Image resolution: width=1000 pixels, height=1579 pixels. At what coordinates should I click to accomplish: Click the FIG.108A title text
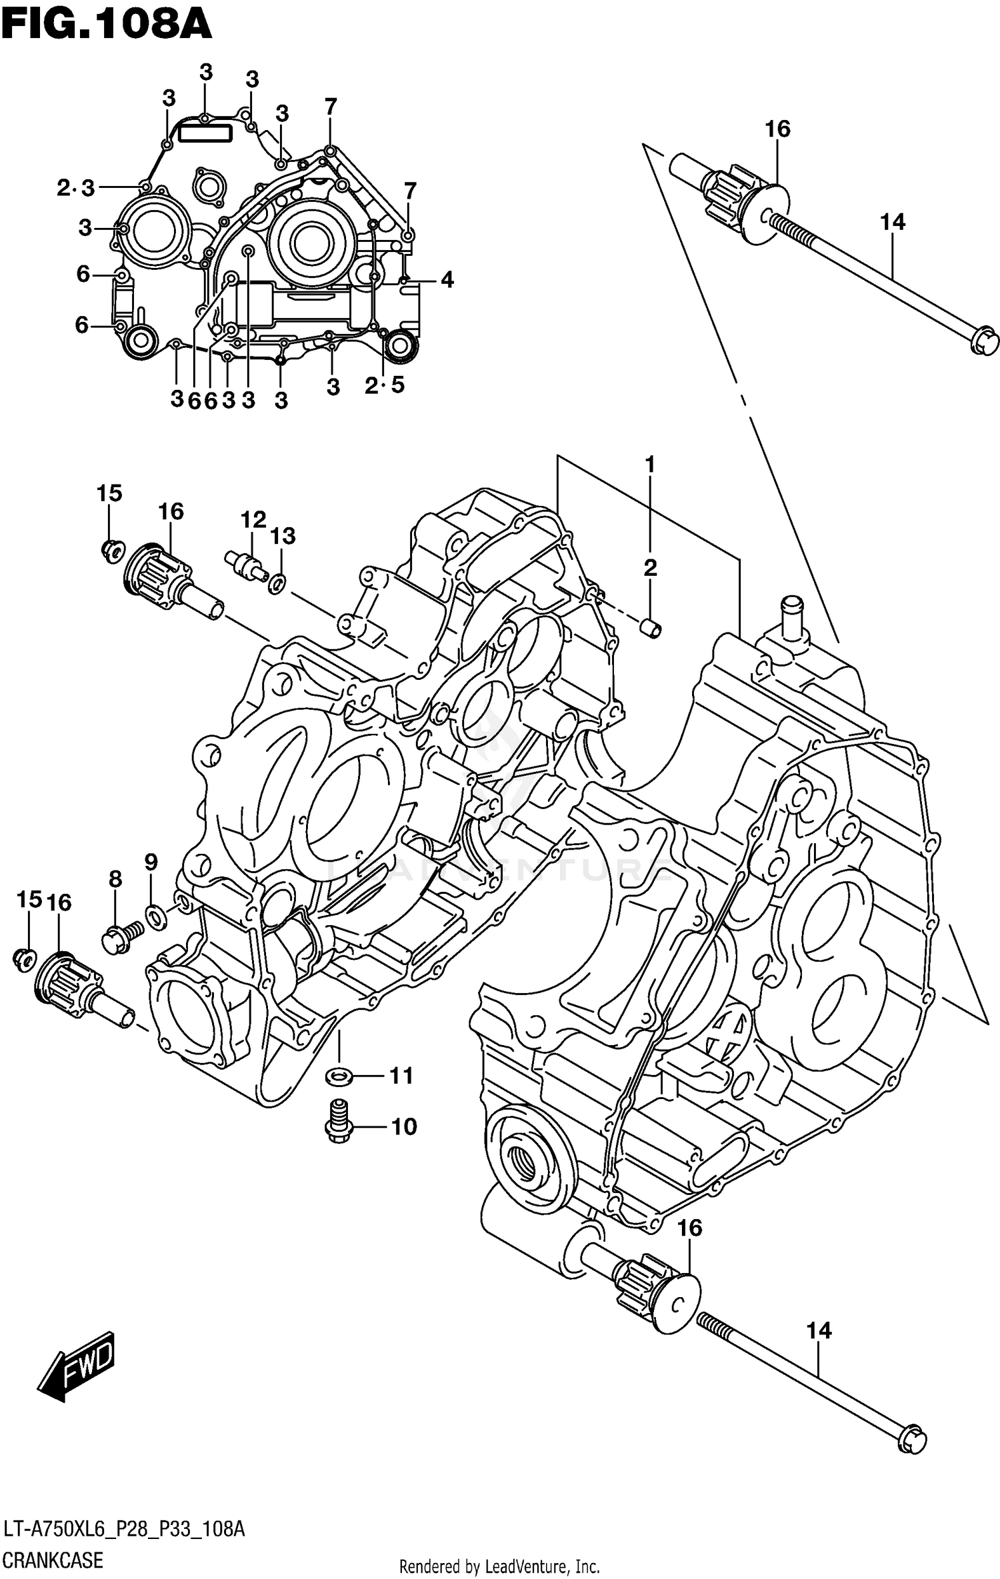(x=107, y=25)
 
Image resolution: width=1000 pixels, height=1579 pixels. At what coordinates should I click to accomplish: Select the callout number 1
(x=649, y=465)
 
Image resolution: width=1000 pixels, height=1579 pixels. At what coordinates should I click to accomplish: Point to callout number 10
(x=403, y=1127)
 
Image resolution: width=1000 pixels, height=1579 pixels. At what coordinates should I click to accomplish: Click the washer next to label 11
(x=339, y=1075)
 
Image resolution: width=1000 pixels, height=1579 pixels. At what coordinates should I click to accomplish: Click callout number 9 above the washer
(x=151, y=862)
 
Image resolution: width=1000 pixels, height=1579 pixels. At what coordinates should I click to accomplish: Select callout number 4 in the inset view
(x=447, y=280)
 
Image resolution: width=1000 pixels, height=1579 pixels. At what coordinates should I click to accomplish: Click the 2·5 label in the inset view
(x=385, y=385)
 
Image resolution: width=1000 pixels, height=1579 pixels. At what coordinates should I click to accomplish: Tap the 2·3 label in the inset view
(x=75, y=189)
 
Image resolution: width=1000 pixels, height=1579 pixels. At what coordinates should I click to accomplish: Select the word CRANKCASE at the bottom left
(x=53, y=1560)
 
